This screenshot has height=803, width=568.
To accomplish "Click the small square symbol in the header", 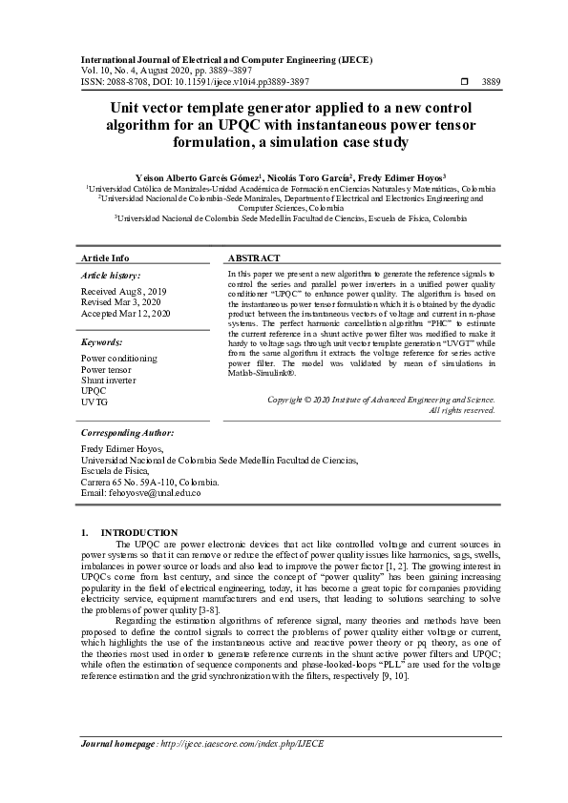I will (465, 83).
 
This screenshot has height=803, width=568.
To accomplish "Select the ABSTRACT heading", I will (254, 258).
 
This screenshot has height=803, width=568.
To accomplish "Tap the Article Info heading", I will (105, 258).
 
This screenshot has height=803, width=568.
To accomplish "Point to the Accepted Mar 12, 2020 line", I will (126, 313).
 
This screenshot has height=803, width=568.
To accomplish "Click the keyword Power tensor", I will (107, 368).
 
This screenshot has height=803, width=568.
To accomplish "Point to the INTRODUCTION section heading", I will (139, 532).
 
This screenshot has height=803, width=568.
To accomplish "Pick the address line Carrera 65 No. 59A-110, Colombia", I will (150, 482).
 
